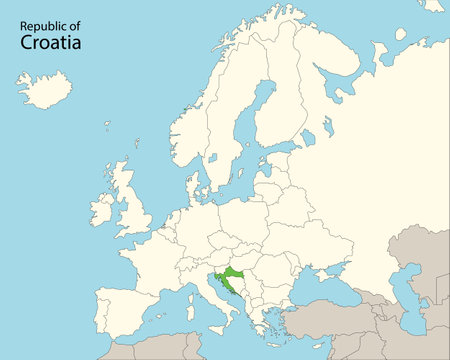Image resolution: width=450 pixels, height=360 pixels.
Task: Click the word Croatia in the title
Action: (51, 45)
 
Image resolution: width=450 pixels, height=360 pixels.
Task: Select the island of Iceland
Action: (45, 90)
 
